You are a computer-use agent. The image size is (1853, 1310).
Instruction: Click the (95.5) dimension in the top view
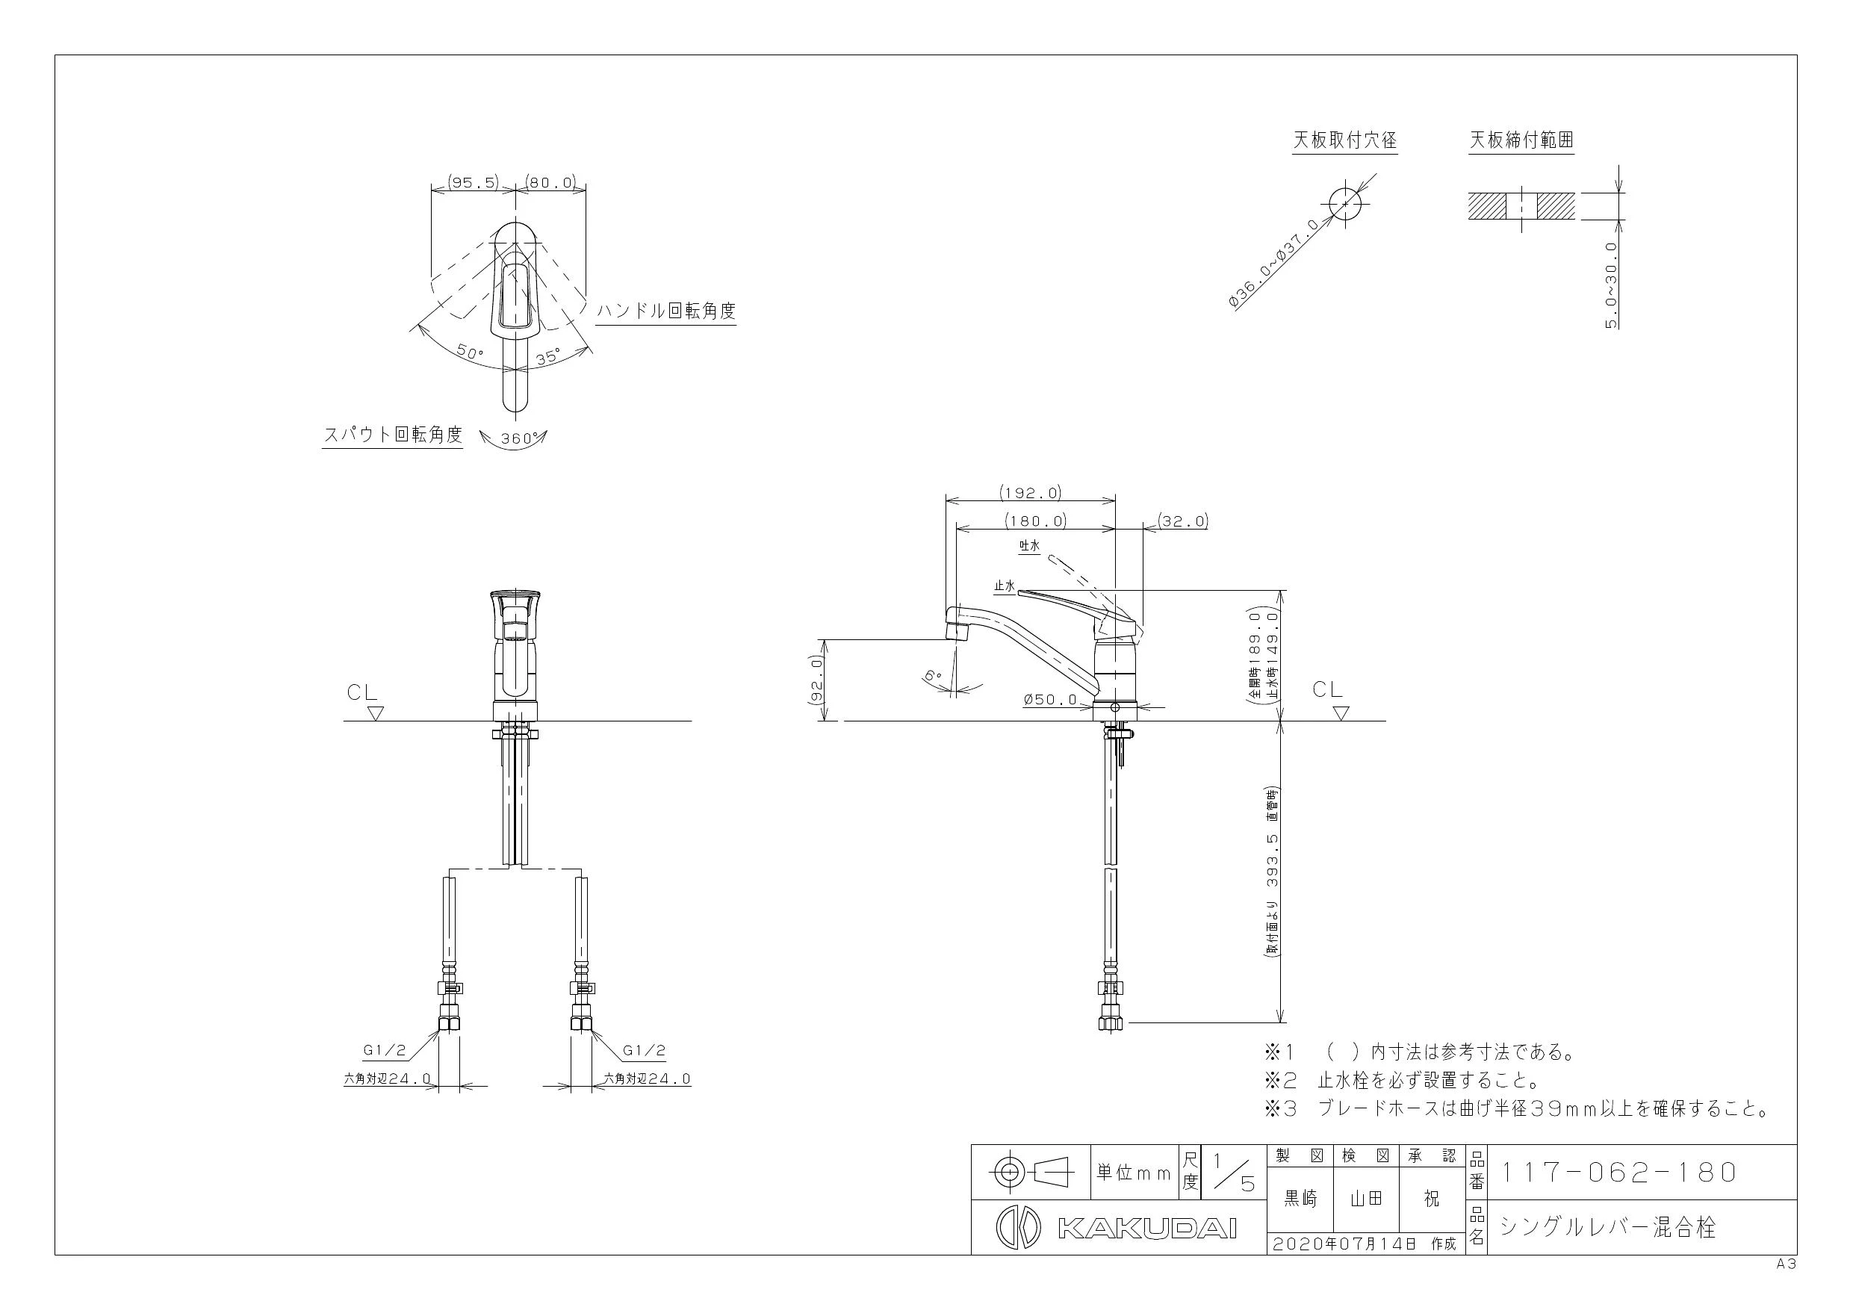tap(474, 182)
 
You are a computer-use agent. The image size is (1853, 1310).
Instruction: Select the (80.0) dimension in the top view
tap(551, 182)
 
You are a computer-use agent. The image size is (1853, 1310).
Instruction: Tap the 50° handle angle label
tap(470, 353)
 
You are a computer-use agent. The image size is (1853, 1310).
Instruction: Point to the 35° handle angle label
tap(547, 356)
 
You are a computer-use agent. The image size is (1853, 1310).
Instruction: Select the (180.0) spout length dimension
tap(1035, 521)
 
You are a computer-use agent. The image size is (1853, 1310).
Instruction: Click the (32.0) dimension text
tap(1182, 521)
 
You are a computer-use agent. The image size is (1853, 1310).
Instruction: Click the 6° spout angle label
tap(934, 676)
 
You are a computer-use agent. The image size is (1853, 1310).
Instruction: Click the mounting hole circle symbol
tap(1344, 203)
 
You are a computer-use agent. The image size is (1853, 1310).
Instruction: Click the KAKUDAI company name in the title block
tap(1146, 1229)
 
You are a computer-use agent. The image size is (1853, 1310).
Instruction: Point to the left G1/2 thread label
tap(384, 1050)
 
